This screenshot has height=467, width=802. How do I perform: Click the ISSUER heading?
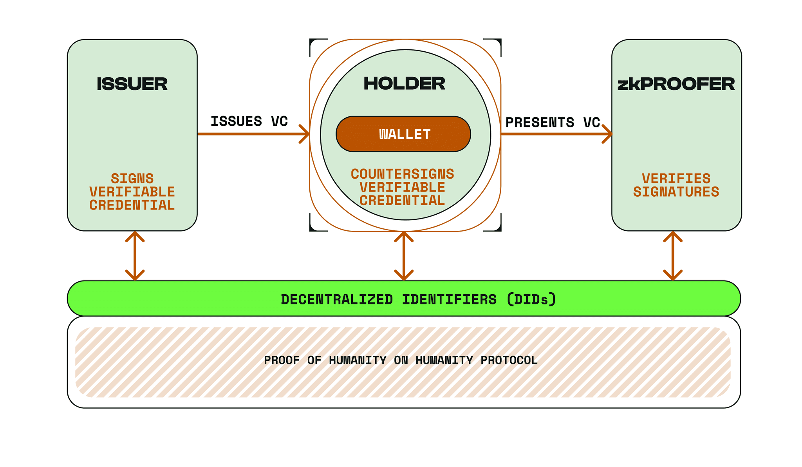(132, 84)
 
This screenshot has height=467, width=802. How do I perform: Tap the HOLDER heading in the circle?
(404, 83)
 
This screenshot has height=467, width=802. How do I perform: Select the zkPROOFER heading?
(676, 84)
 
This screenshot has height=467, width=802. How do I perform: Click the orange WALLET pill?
(403, 134)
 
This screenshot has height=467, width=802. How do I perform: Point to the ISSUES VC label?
(249, 121)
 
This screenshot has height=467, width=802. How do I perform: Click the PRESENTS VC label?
(552, 122)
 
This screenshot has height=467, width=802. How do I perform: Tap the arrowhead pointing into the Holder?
(305, 134)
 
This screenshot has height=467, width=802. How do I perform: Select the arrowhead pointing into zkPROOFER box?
(608, 134)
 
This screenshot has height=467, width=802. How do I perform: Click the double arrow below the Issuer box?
(135, 255)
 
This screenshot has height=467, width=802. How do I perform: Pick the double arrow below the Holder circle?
(404, 255)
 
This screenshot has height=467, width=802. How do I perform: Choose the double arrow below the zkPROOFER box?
(673, 255)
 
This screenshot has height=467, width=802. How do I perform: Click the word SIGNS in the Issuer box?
(132, 179)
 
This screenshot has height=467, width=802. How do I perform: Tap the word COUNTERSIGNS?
(402, 174)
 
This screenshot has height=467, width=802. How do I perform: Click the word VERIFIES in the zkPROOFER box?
(676, 179)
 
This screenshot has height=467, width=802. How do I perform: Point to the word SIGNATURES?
(676, 192)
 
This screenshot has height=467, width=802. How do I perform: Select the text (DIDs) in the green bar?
(531, 299)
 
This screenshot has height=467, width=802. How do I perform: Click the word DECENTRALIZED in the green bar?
(337, 299)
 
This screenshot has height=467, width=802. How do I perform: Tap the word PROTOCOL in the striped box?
(509, 360)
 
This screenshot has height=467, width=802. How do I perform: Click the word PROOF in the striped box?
(282, 360)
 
